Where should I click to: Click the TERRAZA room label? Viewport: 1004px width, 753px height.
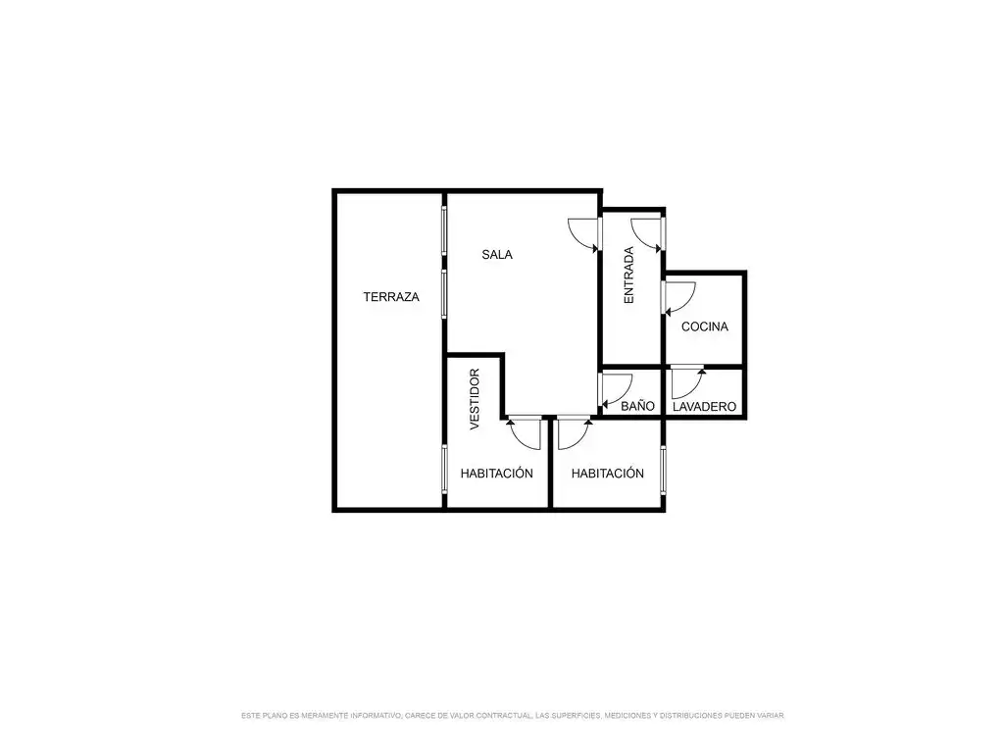(391, 297)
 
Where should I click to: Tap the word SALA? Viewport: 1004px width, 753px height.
(497, 255)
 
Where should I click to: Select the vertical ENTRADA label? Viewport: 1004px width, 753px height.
(628, 276)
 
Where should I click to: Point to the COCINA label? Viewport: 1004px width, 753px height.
(704, 326)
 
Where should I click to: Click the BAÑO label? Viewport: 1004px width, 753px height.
(637, 406)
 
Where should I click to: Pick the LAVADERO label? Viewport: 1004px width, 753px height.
(704, 407)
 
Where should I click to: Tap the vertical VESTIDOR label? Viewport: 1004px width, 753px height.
(475, 400)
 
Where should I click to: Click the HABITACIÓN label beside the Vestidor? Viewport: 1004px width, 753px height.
(497, 474)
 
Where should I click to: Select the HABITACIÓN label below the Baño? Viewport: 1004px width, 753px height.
(608, 474)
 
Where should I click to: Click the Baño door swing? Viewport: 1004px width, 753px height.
(616, 390)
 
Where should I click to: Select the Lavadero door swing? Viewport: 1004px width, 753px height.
(687, 382)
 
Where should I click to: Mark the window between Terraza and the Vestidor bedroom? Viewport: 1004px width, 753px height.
(444, 469)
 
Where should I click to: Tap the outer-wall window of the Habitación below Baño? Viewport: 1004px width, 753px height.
(664, 471)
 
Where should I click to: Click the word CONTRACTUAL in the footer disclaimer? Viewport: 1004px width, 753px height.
(504, 715)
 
